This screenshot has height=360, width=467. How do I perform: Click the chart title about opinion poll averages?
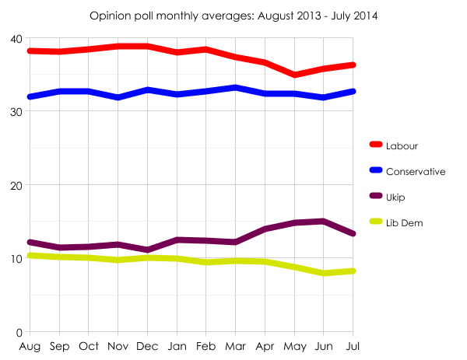[x=233, y=16]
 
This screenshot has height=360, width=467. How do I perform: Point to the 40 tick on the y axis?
[x=16, y=38]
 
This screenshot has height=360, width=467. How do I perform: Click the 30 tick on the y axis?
[x=16, y=111]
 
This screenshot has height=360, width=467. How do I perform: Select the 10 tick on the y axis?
[x=16, y=259]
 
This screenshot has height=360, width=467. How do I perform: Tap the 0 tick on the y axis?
[x=19, y=332]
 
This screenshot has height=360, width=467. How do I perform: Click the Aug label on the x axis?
[x=30, y=346]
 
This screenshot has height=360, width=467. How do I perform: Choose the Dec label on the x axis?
[x=148, y=346]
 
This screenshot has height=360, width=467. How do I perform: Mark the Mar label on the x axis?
[x=236, y=346]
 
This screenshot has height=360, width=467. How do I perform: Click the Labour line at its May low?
[x=295, y=75]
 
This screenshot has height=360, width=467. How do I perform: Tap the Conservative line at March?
[x=236, y=88]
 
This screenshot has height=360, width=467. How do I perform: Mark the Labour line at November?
[x=118, y=47]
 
